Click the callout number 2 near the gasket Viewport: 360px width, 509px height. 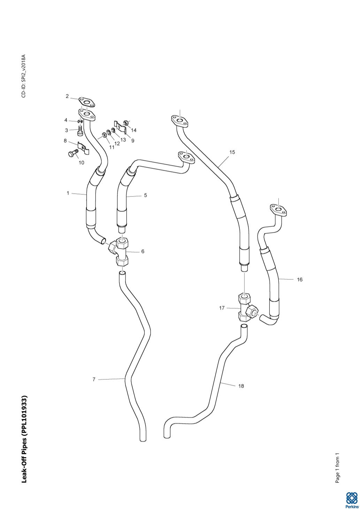[x=67, y=97]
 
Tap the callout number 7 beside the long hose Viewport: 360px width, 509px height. [x=94, y=379]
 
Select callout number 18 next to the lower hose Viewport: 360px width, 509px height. [x=241, y=386]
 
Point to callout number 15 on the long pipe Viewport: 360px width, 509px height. [x=232, y=152]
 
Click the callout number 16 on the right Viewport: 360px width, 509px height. [x=300, y=279]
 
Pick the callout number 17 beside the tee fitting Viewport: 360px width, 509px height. [x=222, y=308]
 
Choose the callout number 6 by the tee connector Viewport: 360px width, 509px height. [x=143, y=251]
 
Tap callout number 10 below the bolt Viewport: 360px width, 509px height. [x=81, y=162]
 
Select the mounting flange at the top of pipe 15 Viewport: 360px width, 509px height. [x=180, y=121]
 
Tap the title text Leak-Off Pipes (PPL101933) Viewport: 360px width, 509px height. [x=24, y=439]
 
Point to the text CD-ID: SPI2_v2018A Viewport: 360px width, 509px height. [x=24, y=76]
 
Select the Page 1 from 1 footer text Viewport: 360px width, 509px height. [x=337, y=468]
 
